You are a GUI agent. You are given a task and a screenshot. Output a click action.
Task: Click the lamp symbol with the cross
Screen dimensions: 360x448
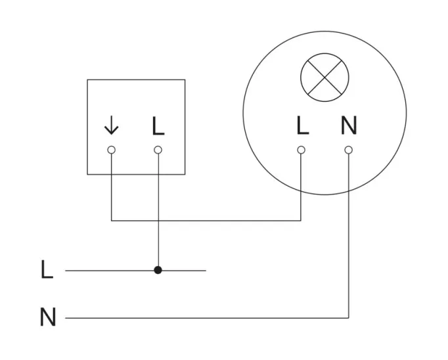point(324,79)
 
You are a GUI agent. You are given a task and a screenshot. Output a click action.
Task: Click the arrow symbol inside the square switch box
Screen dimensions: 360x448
point(112,125)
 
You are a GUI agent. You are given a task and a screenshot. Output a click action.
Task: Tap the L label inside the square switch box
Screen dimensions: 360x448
point(158,125)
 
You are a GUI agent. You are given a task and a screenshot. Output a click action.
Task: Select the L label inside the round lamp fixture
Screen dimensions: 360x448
point(302,125)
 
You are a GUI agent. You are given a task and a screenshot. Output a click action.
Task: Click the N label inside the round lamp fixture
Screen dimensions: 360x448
point(348,125)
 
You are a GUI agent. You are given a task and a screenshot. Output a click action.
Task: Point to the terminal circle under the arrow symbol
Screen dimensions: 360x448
point(112,150)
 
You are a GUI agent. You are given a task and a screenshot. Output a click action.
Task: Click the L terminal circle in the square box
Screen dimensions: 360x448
point(158,150)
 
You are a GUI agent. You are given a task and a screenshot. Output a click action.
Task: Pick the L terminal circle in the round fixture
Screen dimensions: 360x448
point(302,150)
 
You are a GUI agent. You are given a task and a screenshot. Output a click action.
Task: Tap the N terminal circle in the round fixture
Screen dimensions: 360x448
point(348,150)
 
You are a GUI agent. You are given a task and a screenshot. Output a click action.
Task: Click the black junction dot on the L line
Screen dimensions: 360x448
point(158,270)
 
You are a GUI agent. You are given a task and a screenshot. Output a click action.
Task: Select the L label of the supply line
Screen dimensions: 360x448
point(47,270)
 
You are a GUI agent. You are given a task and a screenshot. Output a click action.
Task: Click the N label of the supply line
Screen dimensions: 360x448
point(48,318)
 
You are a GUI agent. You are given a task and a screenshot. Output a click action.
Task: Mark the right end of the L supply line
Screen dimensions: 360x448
point(206,270)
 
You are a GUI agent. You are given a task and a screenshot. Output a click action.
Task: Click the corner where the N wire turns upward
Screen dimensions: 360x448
point(348,318)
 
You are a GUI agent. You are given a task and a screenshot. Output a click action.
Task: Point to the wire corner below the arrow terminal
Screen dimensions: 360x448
point(112,221)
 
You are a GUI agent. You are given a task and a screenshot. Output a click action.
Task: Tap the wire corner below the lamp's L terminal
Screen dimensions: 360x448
point(302,221)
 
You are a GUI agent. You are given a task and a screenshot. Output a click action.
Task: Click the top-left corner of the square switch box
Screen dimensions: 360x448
point(87,80)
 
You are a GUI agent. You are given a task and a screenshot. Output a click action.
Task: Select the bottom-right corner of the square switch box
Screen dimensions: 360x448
point(185,174)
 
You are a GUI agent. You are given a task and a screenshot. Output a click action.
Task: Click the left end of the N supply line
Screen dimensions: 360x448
point(66,318)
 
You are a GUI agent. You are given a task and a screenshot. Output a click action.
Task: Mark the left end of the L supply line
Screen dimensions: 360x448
point(66,270)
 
